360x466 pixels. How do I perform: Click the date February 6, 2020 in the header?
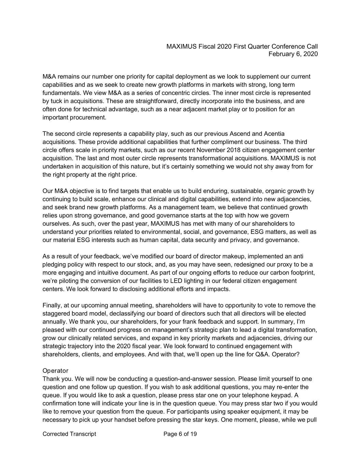(x=293, y=54)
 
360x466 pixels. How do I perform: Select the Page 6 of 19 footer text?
(x=180, y=434)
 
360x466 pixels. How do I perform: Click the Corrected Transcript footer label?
(x=69, y=434)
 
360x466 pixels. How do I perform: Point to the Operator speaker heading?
(x=55, y=371)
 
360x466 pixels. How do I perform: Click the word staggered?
(x=55, y=313)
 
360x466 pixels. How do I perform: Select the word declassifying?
(x=127, y=313)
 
